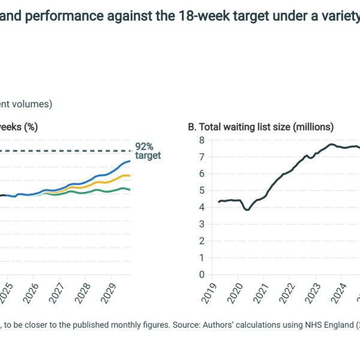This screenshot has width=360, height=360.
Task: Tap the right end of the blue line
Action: (130, 161)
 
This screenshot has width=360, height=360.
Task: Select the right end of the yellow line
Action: (130, 176)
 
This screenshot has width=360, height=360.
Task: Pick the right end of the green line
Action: (130, 190)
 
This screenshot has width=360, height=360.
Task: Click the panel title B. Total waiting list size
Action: (261, 127)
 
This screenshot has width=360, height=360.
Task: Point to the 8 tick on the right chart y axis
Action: (202, 140)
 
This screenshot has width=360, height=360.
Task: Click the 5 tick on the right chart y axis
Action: (202, 191)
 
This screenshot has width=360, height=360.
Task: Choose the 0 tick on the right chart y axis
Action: (202, 275)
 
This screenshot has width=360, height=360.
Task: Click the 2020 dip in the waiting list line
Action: (247, 209)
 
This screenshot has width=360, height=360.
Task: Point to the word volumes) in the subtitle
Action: (34, 104)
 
